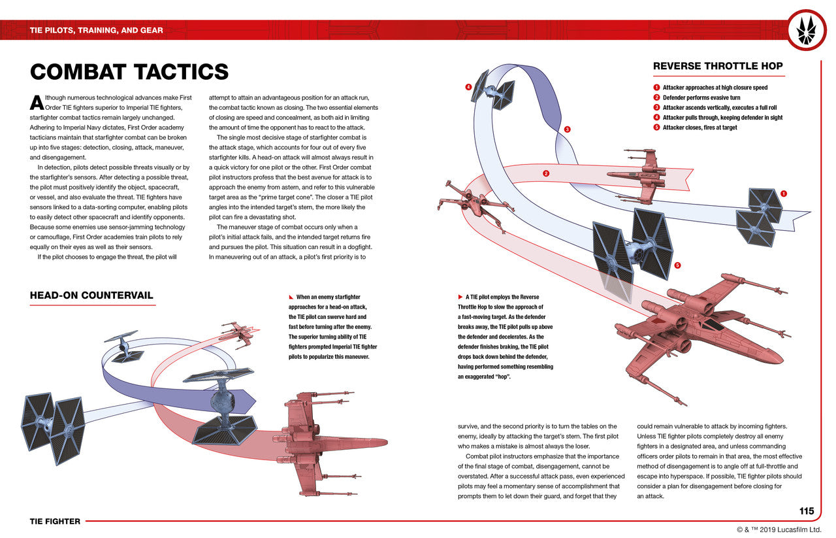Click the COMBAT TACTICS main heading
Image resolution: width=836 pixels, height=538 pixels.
tap(129, 72)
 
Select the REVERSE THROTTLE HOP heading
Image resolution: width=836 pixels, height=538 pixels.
tap(718, 66)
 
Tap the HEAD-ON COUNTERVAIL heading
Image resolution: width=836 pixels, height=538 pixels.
tap(91, 295)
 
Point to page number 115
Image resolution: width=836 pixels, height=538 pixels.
tap(807, 511)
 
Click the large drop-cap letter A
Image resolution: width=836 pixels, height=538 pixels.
tap(37, 103)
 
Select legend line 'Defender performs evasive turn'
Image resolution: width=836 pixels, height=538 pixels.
tap(701, 97)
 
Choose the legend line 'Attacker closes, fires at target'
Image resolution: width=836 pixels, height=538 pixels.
tap(699, 127)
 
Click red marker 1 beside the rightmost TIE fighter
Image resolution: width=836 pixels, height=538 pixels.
tap(784, 193)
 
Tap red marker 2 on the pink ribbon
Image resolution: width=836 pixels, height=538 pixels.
tap(546, 173)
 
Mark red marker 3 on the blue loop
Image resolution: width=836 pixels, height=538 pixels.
tap(568, 129)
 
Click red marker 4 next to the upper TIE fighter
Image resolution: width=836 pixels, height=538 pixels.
tap(468, 87)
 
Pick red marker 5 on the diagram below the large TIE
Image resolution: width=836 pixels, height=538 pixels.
tap(677, 265)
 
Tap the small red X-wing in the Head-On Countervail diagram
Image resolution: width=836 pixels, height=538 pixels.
tap(238, 333)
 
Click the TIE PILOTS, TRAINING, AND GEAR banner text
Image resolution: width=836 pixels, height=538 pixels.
tap(97, 30)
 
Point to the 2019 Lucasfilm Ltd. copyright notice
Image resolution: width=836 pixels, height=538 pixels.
tap(781, 530)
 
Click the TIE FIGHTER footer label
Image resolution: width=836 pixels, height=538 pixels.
tap(55, 521)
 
